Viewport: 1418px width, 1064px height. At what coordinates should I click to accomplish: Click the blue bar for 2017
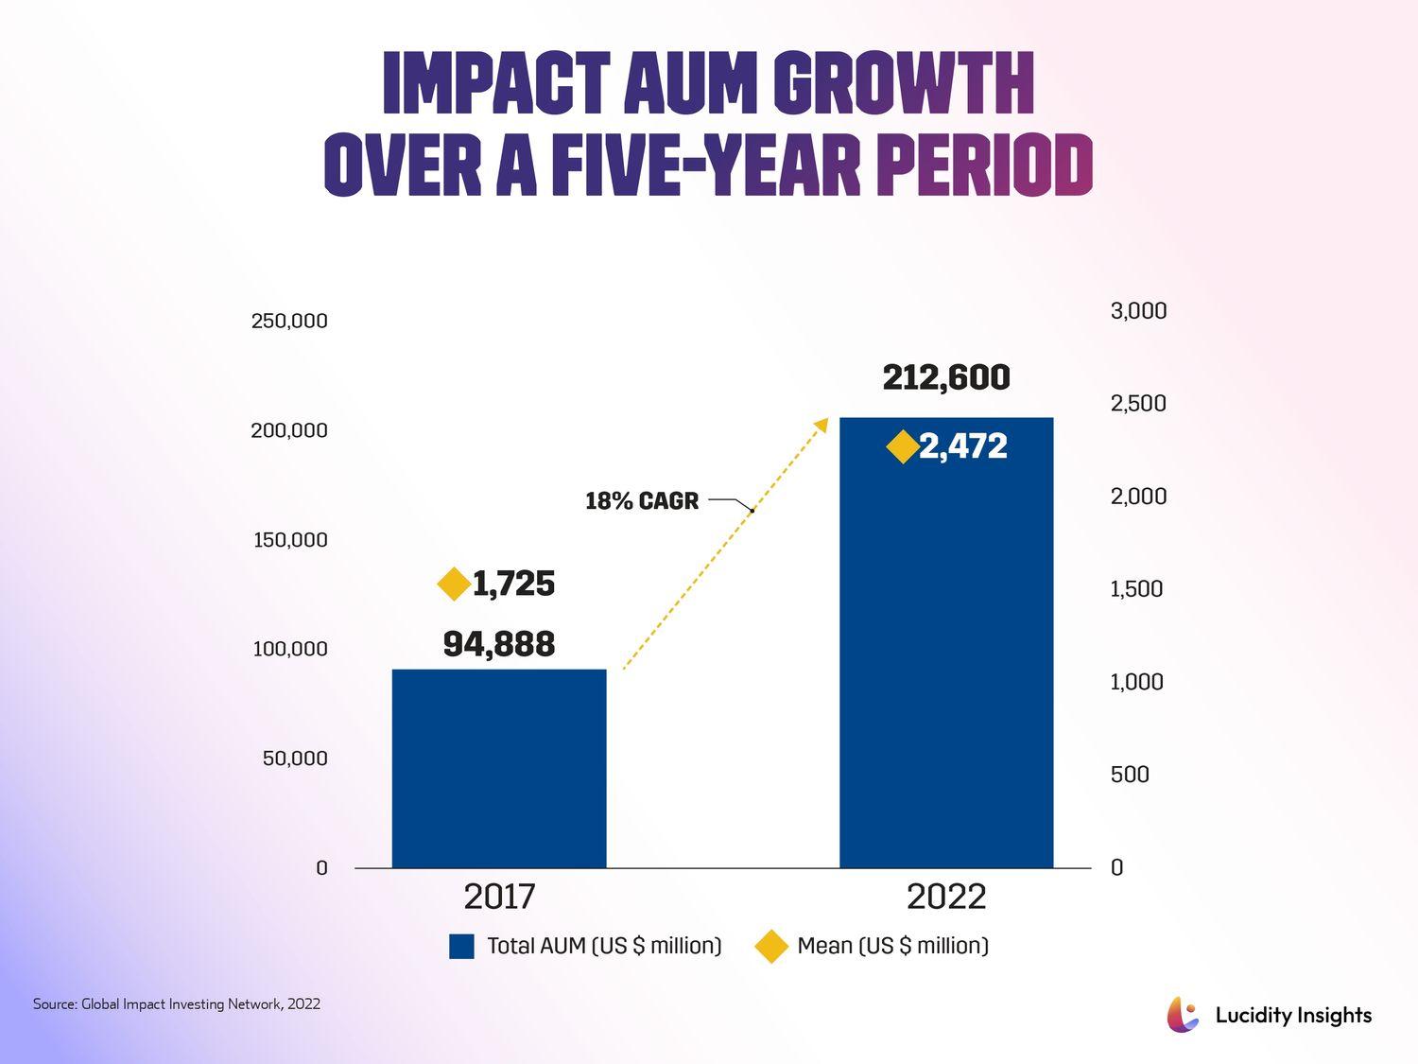[499, 768]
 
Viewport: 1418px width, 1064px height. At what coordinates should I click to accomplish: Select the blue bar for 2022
[946, 643]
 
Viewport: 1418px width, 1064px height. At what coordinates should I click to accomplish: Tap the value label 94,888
[499, 645]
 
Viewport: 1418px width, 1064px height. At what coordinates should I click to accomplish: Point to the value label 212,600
[946, 378]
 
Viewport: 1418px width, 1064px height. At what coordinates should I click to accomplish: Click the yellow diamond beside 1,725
[455, 584]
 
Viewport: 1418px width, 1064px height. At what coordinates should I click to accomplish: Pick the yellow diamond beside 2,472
[903, 446]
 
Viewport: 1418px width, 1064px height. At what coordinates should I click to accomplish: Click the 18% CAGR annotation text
[642, 501]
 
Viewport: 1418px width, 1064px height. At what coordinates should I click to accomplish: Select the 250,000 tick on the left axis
[289, 321]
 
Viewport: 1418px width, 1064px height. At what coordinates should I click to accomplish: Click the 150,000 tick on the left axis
[290, 540]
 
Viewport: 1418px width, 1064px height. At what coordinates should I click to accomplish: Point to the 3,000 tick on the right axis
[1138, 311]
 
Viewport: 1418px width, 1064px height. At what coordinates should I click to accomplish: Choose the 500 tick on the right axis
[1130, 775]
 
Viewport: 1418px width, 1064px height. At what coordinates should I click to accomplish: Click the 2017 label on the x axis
[499, 897]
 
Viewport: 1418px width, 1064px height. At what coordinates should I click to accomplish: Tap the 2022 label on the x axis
[946, 897]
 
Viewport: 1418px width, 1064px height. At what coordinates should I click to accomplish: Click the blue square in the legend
[461, 947]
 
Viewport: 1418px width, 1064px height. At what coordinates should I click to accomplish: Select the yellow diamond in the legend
[771, 947]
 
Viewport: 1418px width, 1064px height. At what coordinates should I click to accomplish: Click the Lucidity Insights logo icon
[1183, 1015]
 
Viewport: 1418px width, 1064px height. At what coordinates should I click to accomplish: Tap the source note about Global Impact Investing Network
[177, 1004]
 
